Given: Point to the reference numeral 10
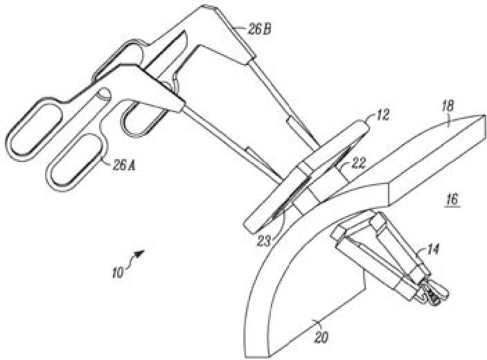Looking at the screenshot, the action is [x=119, y=271].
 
